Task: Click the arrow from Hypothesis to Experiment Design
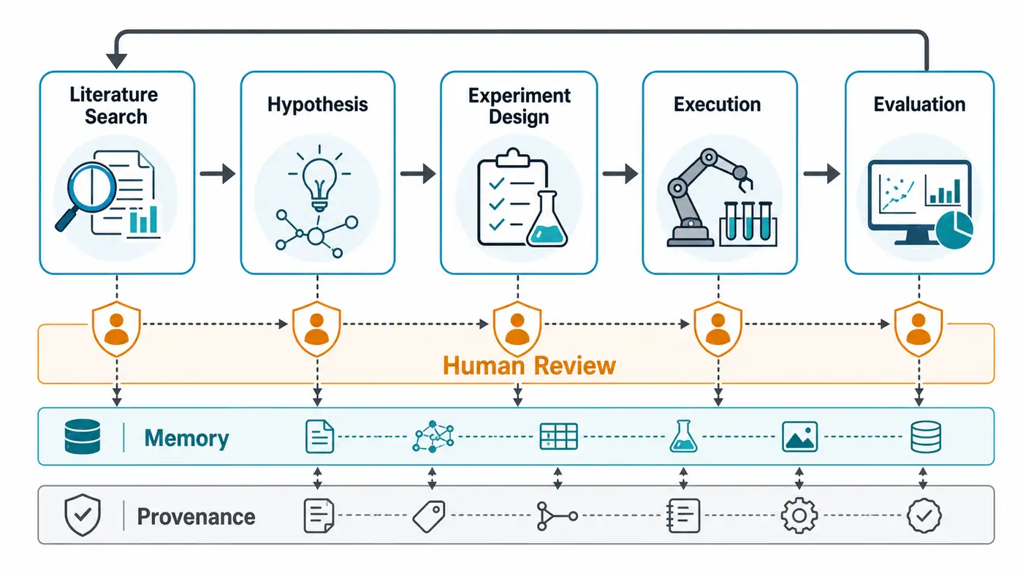(x=418, y=173)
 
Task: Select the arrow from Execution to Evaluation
(x=821, y=173)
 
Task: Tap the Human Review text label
(x=529, y=366)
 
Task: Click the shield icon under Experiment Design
(x=517, y=328)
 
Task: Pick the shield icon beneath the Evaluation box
(x=919, y=328)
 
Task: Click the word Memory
(x=186, y=438)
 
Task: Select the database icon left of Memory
(x=83, y=436)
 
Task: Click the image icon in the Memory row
(x=799, y=436)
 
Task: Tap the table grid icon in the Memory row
(x=558, y=436)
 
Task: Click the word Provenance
(x=196, y=517)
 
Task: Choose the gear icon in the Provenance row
(x=799, y=516)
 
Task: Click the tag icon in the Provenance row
(x=429, y=516)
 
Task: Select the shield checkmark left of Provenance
(x=83, y=515)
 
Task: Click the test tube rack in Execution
(x=748, y=224)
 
